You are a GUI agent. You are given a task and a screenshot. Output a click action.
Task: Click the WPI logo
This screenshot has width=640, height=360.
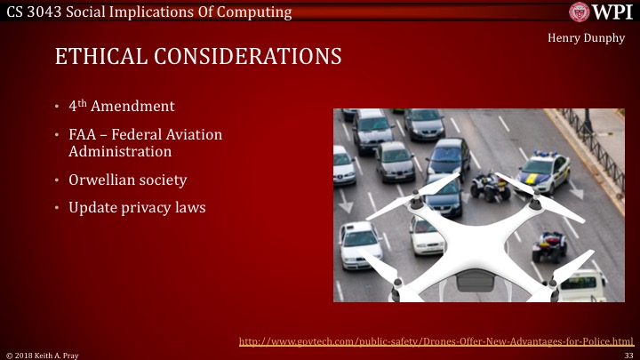pyautogui.click(x=601, y=12)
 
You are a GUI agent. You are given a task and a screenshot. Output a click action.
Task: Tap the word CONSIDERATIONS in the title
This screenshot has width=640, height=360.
pyautogui.click(x=256, y=57)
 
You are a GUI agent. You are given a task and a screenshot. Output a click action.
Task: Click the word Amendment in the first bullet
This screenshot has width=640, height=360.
pyautogui.click(x=135, y=107)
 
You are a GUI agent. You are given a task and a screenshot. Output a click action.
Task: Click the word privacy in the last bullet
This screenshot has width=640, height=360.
pyautogui.click(x=155, y=208)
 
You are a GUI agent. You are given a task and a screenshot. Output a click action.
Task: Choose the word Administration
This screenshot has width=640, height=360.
pyautogui.click(x=120, y=151)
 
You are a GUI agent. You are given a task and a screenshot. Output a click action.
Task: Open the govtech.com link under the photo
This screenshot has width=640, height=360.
pyautogui.click(x=437, y=340)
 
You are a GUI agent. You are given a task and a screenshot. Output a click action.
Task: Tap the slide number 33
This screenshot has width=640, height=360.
pyautogui.click(x=628, y=355)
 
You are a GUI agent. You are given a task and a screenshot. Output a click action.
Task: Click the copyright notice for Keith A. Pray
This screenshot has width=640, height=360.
pyautogui.click(x=41, y=355)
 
